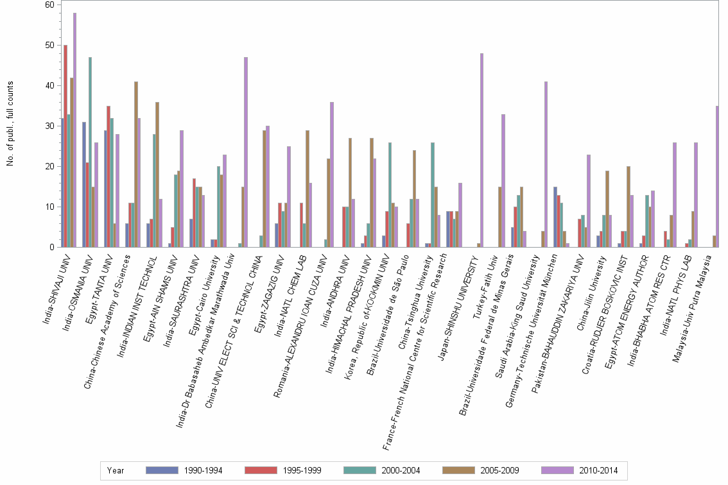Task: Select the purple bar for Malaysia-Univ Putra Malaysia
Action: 717,176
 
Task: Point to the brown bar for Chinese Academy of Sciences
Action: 136,164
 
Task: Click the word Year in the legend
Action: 116,471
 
